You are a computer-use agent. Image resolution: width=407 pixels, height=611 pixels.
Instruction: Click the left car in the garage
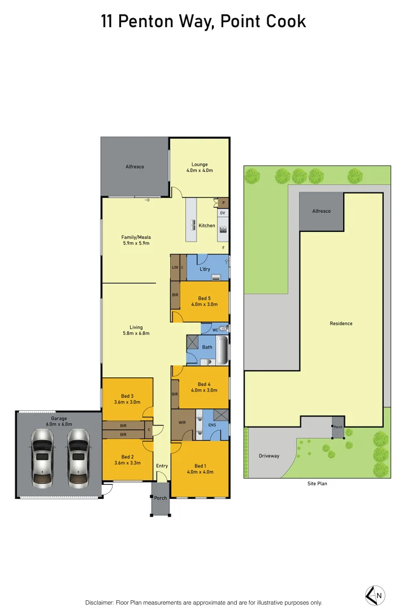click(x=42, y=457)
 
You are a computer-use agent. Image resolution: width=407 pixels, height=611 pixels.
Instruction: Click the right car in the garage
click(x=79, y=457)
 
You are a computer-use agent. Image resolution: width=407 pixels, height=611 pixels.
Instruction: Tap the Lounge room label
click(x=200, y=165)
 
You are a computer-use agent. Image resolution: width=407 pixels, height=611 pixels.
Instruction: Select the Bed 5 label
click(x=205, y=298)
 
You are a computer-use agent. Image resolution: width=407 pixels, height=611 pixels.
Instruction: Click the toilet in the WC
click(x=223, y=329)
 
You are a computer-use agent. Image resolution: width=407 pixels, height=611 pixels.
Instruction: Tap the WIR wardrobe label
click(x=181, y=423)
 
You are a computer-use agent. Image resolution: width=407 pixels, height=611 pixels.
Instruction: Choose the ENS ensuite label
click(x=213, y=424)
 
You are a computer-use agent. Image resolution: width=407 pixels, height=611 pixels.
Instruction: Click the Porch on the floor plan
click(x=161, y=498)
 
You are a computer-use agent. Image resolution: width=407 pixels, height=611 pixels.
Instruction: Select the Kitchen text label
click(x=207, y=225)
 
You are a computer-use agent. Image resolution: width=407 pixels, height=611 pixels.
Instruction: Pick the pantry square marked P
click(x=223, y=203)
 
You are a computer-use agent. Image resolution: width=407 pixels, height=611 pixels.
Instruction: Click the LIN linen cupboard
click(x=175, y=267)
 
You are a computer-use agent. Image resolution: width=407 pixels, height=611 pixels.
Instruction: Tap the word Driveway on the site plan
click(x=269, y=456)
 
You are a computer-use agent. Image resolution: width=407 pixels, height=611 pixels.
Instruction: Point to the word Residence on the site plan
click(x=341, y=324)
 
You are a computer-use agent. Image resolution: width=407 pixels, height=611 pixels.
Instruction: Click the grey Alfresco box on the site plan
click(x=321, y=211)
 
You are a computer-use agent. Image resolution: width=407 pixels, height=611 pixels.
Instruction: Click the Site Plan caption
click(x=317, y=484)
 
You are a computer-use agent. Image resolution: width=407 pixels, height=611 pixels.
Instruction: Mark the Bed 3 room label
click(x=127, y=396)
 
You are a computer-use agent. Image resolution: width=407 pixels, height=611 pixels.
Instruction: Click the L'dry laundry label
click(x=205, y=269)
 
